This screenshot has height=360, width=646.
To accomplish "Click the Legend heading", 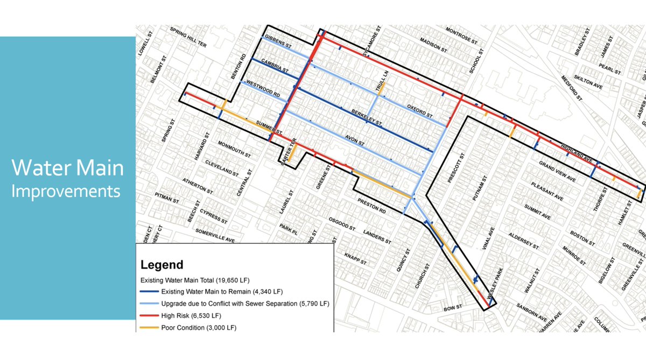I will (x=161, y=265).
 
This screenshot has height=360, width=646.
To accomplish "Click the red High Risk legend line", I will (x=149, y=315).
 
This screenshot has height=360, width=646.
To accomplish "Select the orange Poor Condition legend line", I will (x=149, y=327).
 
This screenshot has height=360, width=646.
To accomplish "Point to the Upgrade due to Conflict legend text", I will (x=245, y=304).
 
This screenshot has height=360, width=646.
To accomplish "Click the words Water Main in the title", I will (x=68, y=168).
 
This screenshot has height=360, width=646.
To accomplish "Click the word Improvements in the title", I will (x=66, y=191).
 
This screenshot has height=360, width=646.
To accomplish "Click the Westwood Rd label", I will (x=263, y=88).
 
